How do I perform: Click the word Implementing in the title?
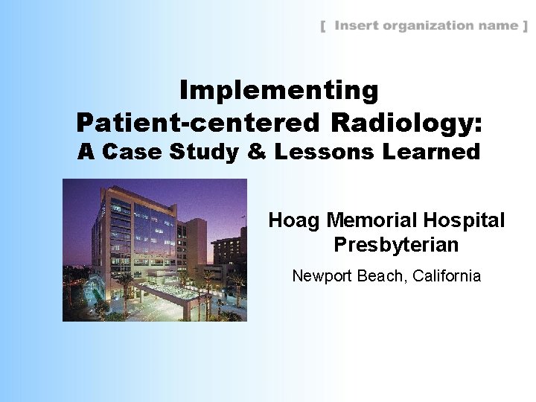coord(279,91)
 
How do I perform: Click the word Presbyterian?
coord(396,245)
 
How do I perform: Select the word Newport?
coord(321,276)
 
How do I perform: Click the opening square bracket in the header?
coord(323,27)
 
